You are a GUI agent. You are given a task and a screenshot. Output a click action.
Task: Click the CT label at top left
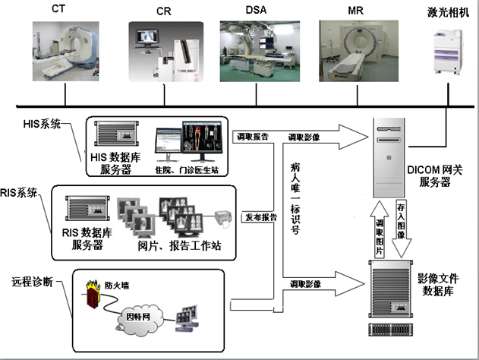(x=58, y=9)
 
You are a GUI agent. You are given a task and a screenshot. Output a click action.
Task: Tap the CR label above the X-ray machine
(x=163, y=12)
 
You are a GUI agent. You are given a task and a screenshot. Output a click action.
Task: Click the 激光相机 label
(x=445, y=13)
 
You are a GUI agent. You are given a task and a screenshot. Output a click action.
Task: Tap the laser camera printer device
(x=449, y=52)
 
